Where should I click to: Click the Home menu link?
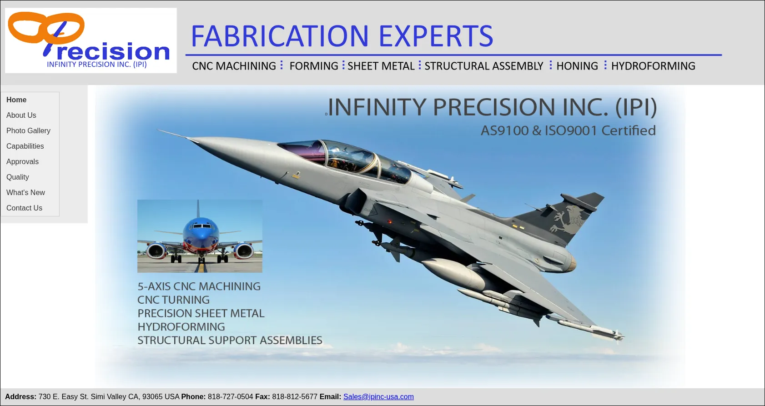[16, 100]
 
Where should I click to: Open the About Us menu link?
[21, 115]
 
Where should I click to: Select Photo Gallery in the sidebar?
[28, 130]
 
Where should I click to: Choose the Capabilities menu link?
[25, 146]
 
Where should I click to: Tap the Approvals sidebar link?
[23, 161]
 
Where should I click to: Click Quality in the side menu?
[17, 177]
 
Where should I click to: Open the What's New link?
[25, 192]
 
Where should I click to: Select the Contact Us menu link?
[24, 208]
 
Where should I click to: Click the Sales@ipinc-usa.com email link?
[378, 396]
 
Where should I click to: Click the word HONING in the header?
[577, 65]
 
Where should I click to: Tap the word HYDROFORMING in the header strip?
[653, 65]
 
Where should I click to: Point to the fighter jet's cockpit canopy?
[345, 159]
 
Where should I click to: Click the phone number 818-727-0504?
[231, 396]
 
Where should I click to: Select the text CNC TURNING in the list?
[173, 300]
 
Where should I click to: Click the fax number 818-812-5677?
[295, 396]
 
